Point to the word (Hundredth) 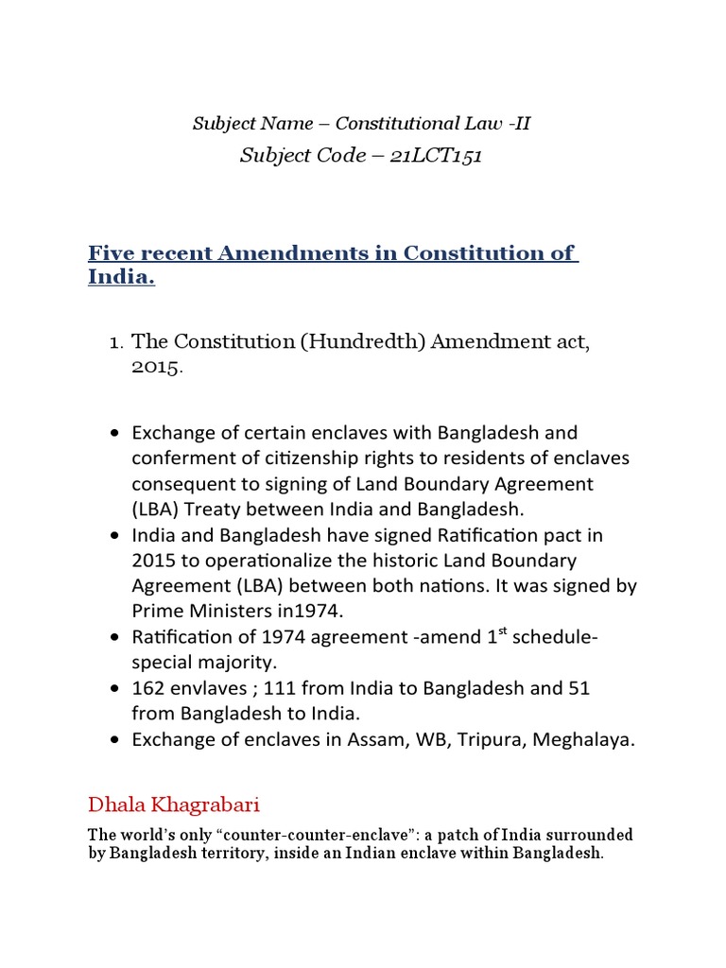tap(363, 341)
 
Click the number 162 tap(149, 688)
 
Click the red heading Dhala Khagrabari tap(173, 805)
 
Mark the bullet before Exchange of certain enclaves tap(115, 433)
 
